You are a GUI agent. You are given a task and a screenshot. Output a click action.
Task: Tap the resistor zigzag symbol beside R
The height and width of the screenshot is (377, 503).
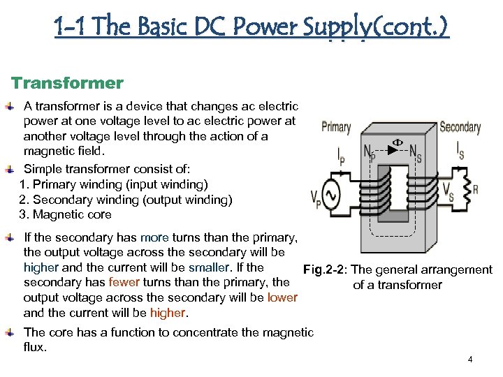465,189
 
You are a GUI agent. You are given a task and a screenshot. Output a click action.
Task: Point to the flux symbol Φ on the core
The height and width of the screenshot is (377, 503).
396,142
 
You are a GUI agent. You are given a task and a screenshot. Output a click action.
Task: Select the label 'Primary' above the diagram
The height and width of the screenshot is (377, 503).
336,127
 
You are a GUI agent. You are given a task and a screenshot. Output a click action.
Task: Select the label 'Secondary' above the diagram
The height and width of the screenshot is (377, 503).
460,127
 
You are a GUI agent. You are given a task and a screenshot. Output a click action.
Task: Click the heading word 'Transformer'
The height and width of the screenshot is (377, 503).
67,84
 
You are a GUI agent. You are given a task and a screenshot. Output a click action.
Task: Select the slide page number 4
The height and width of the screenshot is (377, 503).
470,360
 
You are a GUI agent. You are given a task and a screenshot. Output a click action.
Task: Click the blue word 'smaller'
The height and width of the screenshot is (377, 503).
208,267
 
